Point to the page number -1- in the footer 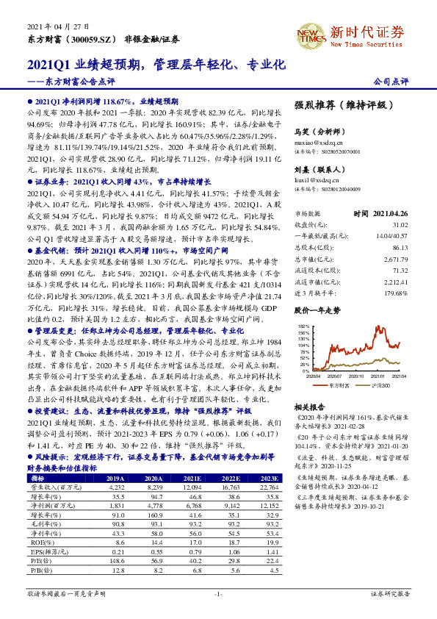pos(218,593)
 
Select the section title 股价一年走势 pos(317,311)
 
